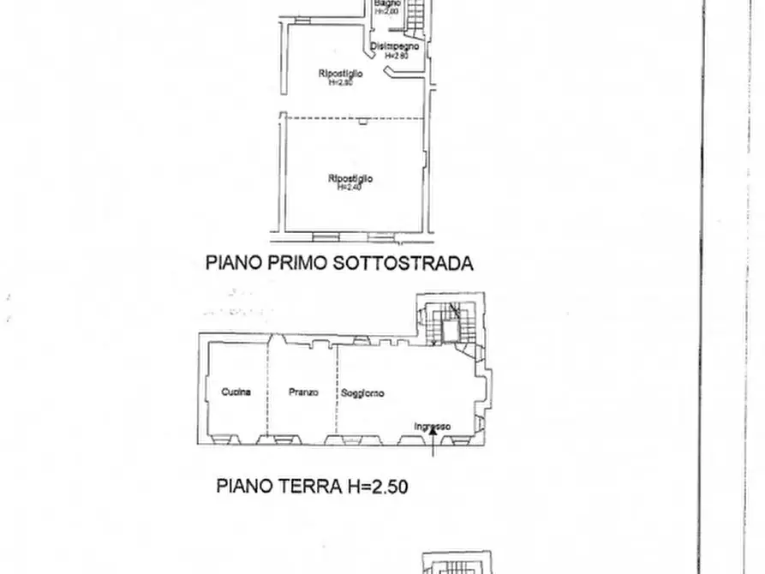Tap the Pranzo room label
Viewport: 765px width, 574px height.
point(303,392)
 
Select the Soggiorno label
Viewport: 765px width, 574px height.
point(362,393)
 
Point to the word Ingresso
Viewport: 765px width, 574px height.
point(432,428)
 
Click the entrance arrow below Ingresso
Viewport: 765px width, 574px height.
point(434,440)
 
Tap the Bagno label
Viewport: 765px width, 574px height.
point(387,3)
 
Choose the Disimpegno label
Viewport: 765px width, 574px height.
point(395,46)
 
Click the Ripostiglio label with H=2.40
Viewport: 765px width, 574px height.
point(350,178)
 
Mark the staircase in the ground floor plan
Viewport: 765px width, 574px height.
point(445,324)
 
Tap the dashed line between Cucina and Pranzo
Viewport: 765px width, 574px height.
point(267,390)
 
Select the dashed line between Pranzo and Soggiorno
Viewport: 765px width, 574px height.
point(337,390)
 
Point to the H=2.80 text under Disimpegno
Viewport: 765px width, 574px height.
point(395,55)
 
